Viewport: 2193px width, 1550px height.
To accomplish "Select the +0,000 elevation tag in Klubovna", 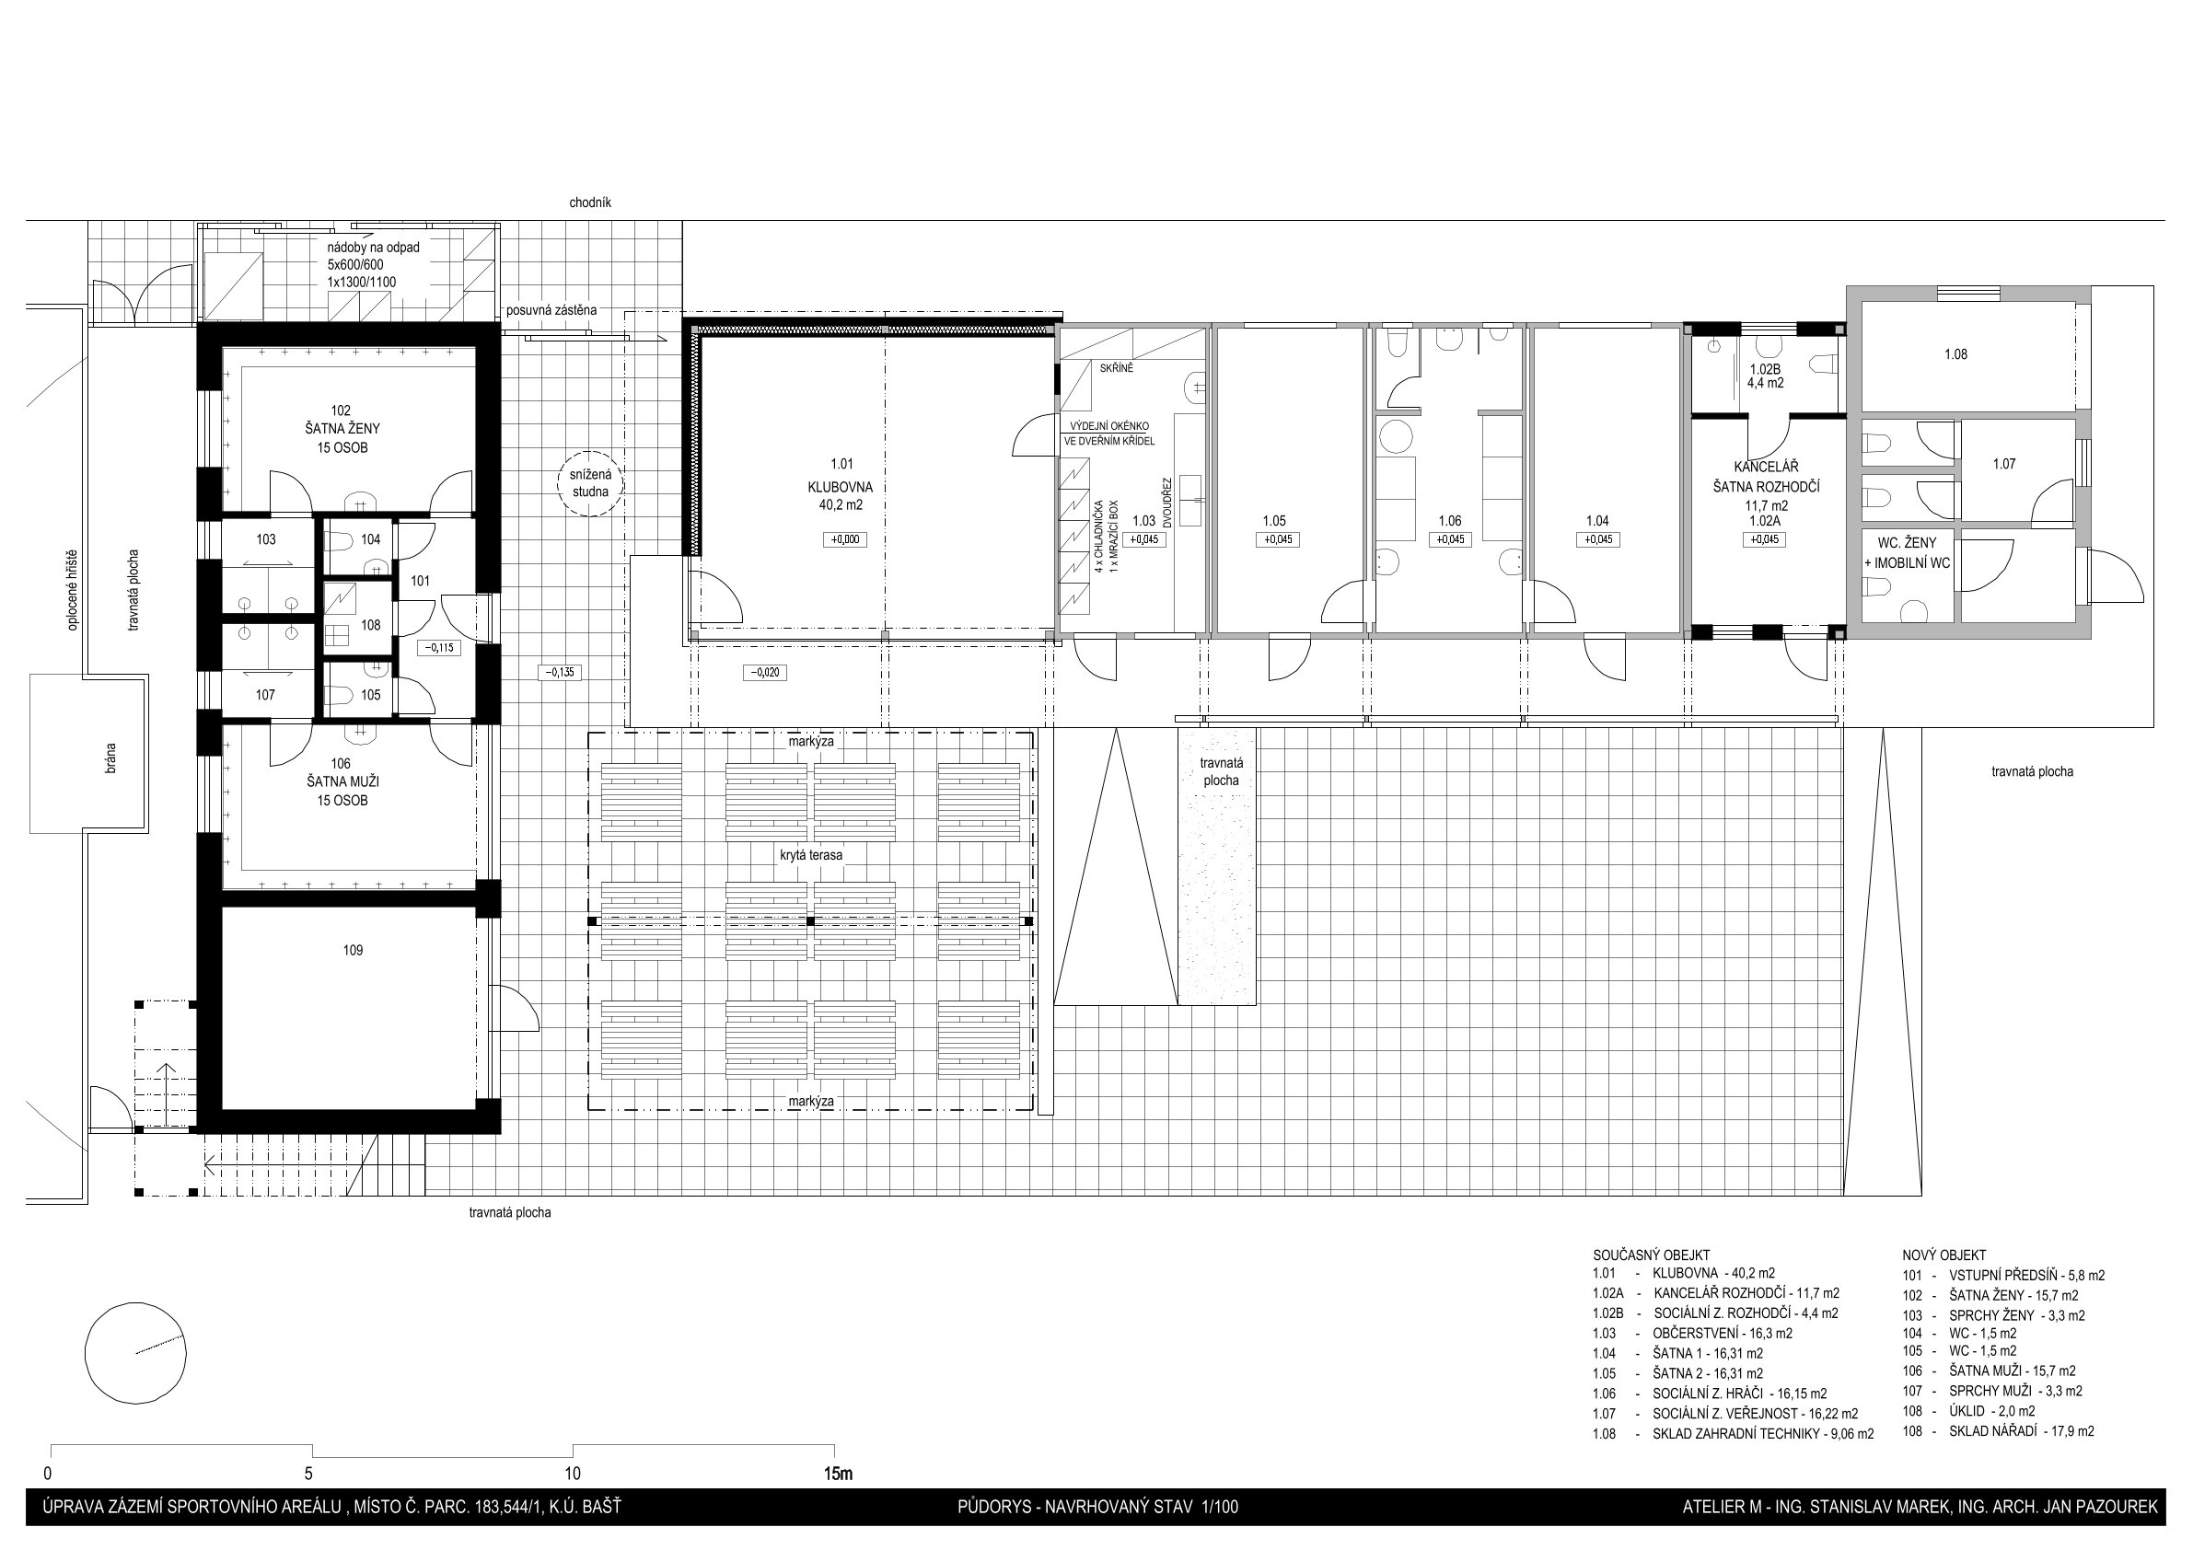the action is pyautogui.click(x=844, y=539).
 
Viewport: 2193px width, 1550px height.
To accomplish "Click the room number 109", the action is pyautogui.click(x=353, y=950).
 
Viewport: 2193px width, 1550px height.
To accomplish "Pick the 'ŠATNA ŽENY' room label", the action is pyautogui.click(x=342, y=429).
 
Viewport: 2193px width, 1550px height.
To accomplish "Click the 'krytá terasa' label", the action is pyautogui.click(x=811, y=856).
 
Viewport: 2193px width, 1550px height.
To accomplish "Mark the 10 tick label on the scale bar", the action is pyautogui.click(x=572, y=1473).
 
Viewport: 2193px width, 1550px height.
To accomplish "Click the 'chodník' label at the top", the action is pyautogui.click(x=590, y=202).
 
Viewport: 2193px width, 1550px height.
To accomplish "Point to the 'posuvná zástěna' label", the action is pyautogui.click(x=552, y=310).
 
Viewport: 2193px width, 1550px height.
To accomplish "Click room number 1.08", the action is pyautogui.click(x=1955, y=354).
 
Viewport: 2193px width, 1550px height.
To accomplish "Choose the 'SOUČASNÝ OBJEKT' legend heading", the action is pyautogui.click(x=1652, y=1255).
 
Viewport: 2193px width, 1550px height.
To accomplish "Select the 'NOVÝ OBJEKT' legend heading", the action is pyautogui.click(x=1944, y=1255).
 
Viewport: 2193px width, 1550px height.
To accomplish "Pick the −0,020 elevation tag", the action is pyautogui.click(x=765, y=672).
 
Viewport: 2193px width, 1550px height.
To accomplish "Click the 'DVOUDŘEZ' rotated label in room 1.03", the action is pyautogui.click(x=1167, y=503).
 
